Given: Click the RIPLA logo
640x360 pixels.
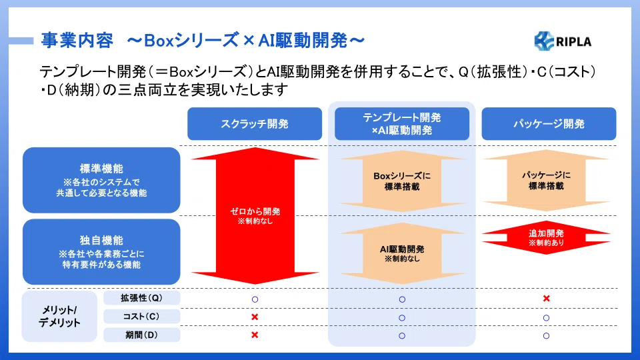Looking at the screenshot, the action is (563, 41).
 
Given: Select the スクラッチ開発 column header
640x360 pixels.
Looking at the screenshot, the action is (255, 124).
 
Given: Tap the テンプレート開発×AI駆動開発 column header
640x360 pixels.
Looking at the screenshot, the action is (402, 124).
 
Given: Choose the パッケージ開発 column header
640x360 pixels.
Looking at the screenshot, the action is (549, 124).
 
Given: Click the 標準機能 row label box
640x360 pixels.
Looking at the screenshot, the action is (101, 180).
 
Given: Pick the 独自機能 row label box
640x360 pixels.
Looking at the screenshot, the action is (101, 252).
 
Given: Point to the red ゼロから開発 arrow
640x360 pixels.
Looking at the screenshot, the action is (255, 215).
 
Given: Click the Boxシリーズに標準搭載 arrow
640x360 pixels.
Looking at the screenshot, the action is (402, 181).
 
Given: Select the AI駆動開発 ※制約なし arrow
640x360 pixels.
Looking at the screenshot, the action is (402, 253).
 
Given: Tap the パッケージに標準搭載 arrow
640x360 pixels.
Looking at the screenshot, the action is (546, 180).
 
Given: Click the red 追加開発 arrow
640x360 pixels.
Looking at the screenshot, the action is (546, 237).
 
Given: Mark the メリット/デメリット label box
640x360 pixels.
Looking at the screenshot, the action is (59, 316).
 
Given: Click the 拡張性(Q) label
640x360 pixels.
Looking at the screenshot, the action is (141, 298).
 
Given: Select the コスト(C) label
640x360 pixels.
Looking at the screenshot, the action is (141, 316).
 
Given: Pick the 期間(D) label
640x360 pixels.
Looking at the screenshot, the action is (141, 335).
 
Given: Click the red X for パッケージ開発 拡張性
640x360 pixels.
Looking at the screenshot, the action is (547, 299).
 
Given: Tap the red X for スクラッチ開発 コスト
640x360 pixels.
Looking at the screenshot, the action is (255, 317).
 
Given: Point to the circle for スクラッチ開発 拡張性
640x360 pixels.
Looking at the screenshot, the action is (255, 299).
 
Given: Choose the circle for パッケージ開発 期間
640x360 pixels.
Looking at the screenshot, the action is (546, 335).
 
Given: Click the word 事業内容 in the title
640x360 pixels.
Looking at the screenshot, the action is (77, 41).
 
